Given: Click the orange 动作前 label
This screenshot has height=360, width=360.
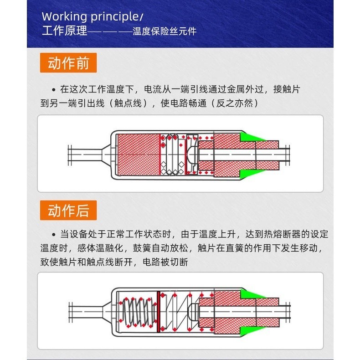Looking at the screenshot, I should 68,63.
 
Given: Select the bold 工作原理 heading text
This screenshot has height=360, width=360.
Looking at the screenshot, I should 63,32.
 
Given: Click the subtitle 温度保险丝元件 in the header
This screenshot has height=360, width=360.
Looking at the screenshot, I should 165,32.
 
